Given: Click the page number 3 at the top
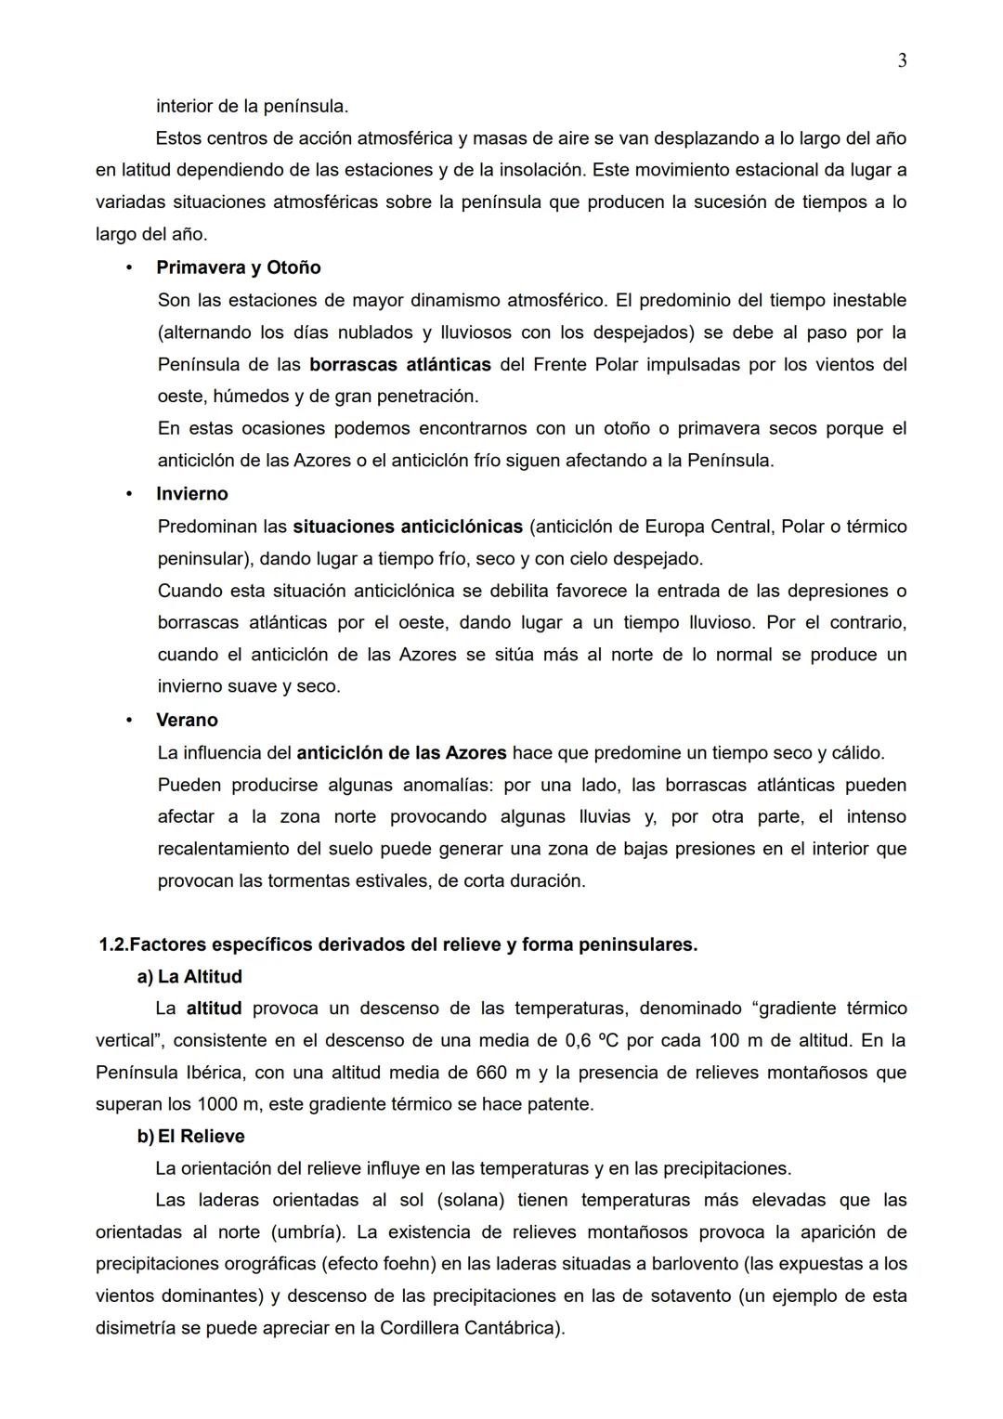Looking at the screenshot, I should click(902, 61).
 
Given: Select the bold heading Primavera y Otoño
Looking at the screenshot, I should click(238, 267).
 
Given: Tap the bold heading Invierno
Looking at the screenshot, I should click(191, 494).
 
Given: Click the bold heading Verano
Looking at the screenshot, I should click(187, 720).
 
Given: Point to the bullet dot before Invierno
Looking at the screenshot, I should click(129, 494).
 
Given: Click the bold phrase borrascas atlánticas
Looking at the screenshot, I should click(399, 364).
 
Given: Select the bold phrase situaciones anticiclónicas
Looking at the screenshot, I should click(408, 527).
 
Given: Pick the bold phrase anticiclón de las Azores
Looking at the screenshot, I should click(401, 752).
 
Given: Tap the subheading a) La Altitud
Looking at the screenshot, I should click(189, 976).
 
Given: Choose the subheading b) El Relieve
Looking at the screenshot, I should click(191, 1136).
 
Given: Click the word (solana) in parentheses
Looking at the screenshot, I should click(470, 1200).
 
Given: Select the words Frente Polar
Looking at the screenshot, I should click(585, 364).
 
